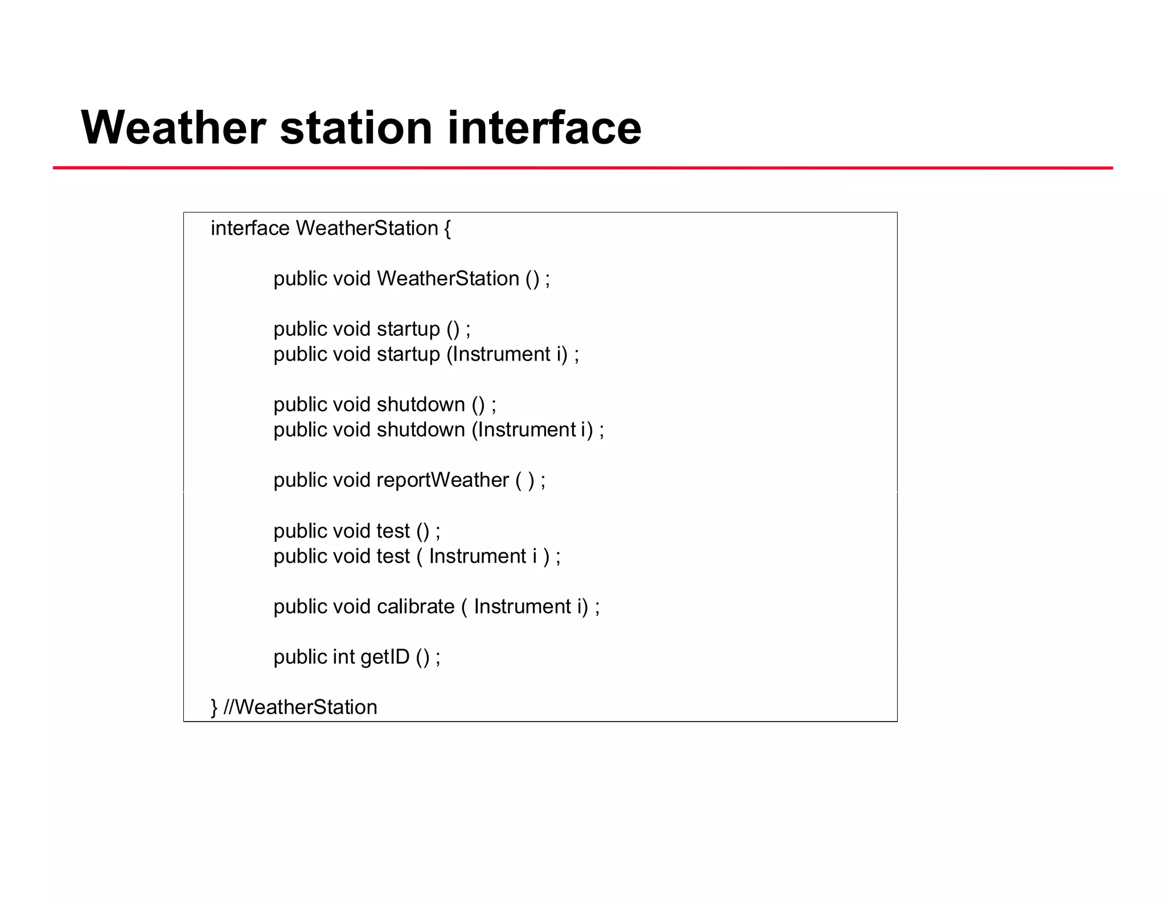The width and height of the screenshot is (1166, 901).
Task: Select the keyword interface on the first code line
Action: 250,228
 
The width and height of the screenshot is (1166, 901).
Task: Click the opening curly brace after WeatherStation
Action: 447,229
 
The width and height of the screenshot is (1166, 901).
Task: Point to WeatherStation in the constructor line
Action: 448,279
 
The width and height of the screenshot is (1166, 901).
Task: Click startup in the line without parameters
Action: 408,329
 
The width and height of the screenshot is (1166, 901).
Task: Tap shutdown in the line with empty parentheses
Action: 421,404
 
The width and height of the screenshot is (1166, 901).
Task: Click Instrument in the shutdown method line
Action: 527,430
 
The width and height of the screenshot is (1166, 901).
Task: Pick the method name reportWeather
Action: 442,480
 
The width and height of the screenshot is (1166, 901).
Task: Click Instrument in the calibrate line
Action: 522,607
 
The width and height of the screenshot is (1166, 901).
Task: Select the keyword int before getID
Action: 344,657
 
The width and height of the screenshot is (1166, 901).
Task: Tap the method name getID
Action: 384,657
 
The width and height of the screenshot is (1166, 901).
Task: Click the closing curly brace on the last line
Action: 214,707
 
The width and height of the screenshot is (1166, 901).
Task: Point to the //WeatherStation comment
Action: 301,707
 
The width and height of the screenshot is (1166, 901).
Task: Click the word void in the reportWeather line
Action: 351,480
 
